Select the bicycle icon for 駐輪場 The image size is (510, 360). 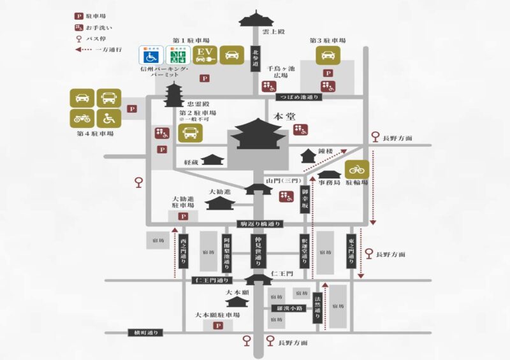[357, 169]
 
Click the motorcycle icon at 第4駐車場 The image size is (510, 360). [82, 117]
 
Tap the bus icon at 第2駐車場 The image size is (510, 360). [191, 133]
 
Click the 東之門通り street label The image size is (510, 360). [351, 248]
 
